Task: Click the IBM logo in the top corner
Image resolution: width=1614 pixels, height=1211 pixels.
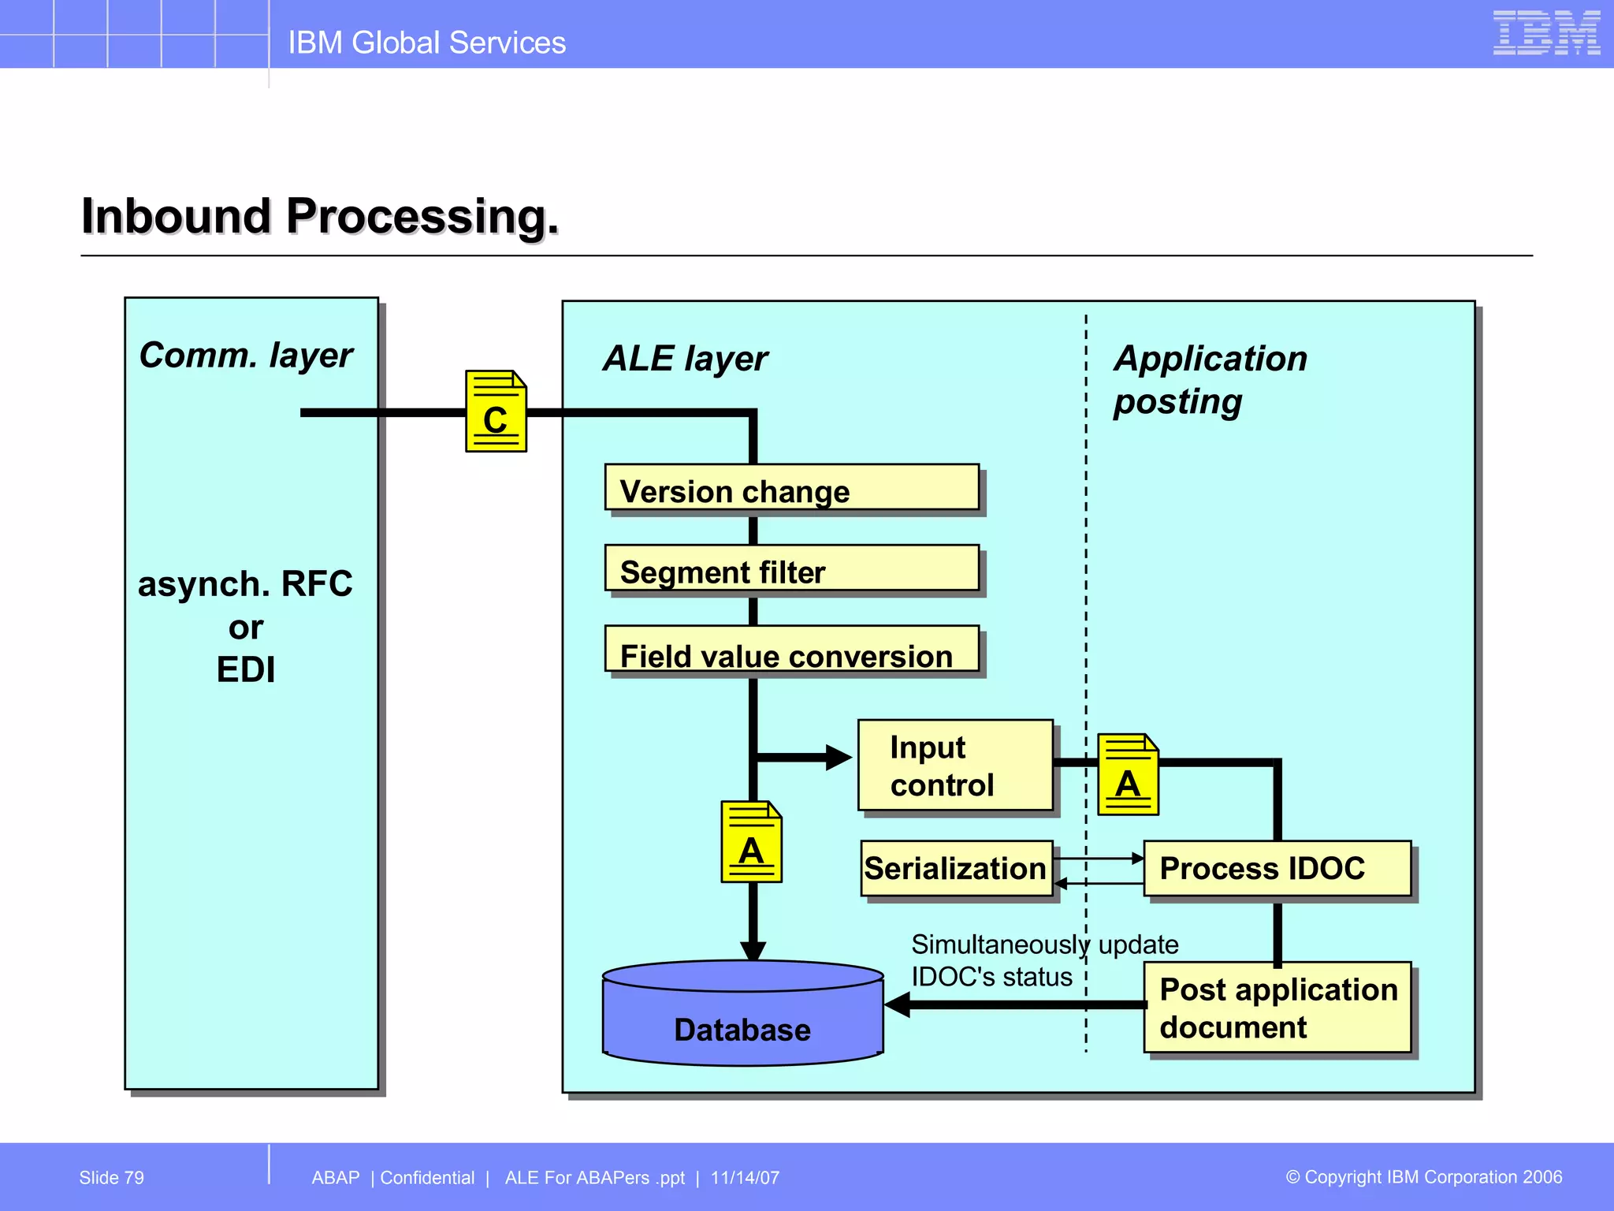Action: [1545, 33]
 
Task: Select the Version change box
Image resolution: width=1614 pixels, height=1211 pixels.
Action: [791, 488]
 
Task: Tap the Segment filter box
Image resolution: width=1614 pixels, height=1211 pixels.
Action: [791, 568]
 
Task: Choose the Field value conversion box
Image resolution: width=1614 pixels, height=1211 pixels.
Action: [791, 650]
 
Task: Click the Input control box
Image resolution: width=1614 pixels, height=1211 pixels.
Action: [955, 765]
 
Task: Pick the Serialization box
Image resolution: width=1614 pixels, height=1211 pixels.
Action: [956, 868]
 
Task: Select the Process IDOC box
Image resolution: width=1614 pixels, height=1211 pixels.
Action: [1277, 868]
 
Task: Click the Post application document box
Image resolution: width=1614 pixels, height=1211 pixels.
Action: [1277, 1008]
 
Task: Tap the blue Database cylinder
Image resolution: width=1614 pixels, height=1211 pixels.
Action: [742, 1017]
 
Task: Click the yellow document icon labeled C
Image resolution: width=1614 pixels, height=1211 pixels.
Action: [496, 411]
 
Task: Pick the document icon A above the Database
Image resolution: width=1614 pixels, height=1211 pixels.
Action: [751, 841]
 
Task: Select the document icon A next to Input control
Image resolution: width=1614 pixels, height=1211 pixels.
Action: [1128, 774]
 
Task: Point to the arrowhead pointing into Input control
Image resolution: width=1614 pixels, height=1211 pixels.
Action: [838, 758]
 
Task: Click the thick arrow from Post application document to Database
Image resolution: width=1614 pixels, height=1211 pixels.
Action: [1017, 1004]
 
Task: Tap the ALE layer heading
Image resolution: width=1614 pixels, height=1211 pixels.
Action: [685, 359]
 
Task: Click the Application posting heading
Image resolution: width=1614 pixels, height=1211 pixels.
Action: [1210, 379]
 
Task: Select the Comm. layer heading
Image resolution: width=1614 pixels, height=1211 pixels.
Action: [246, 356]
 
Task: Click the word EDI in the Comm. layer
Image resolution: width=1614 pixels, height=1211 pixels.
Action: [246, 670]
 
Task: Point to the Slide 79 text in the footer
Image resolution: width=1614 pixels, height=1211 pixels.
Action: [112, 1178]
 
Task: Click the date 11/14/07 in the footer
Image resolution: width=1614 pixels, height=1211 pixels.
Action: [745, 1178]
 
